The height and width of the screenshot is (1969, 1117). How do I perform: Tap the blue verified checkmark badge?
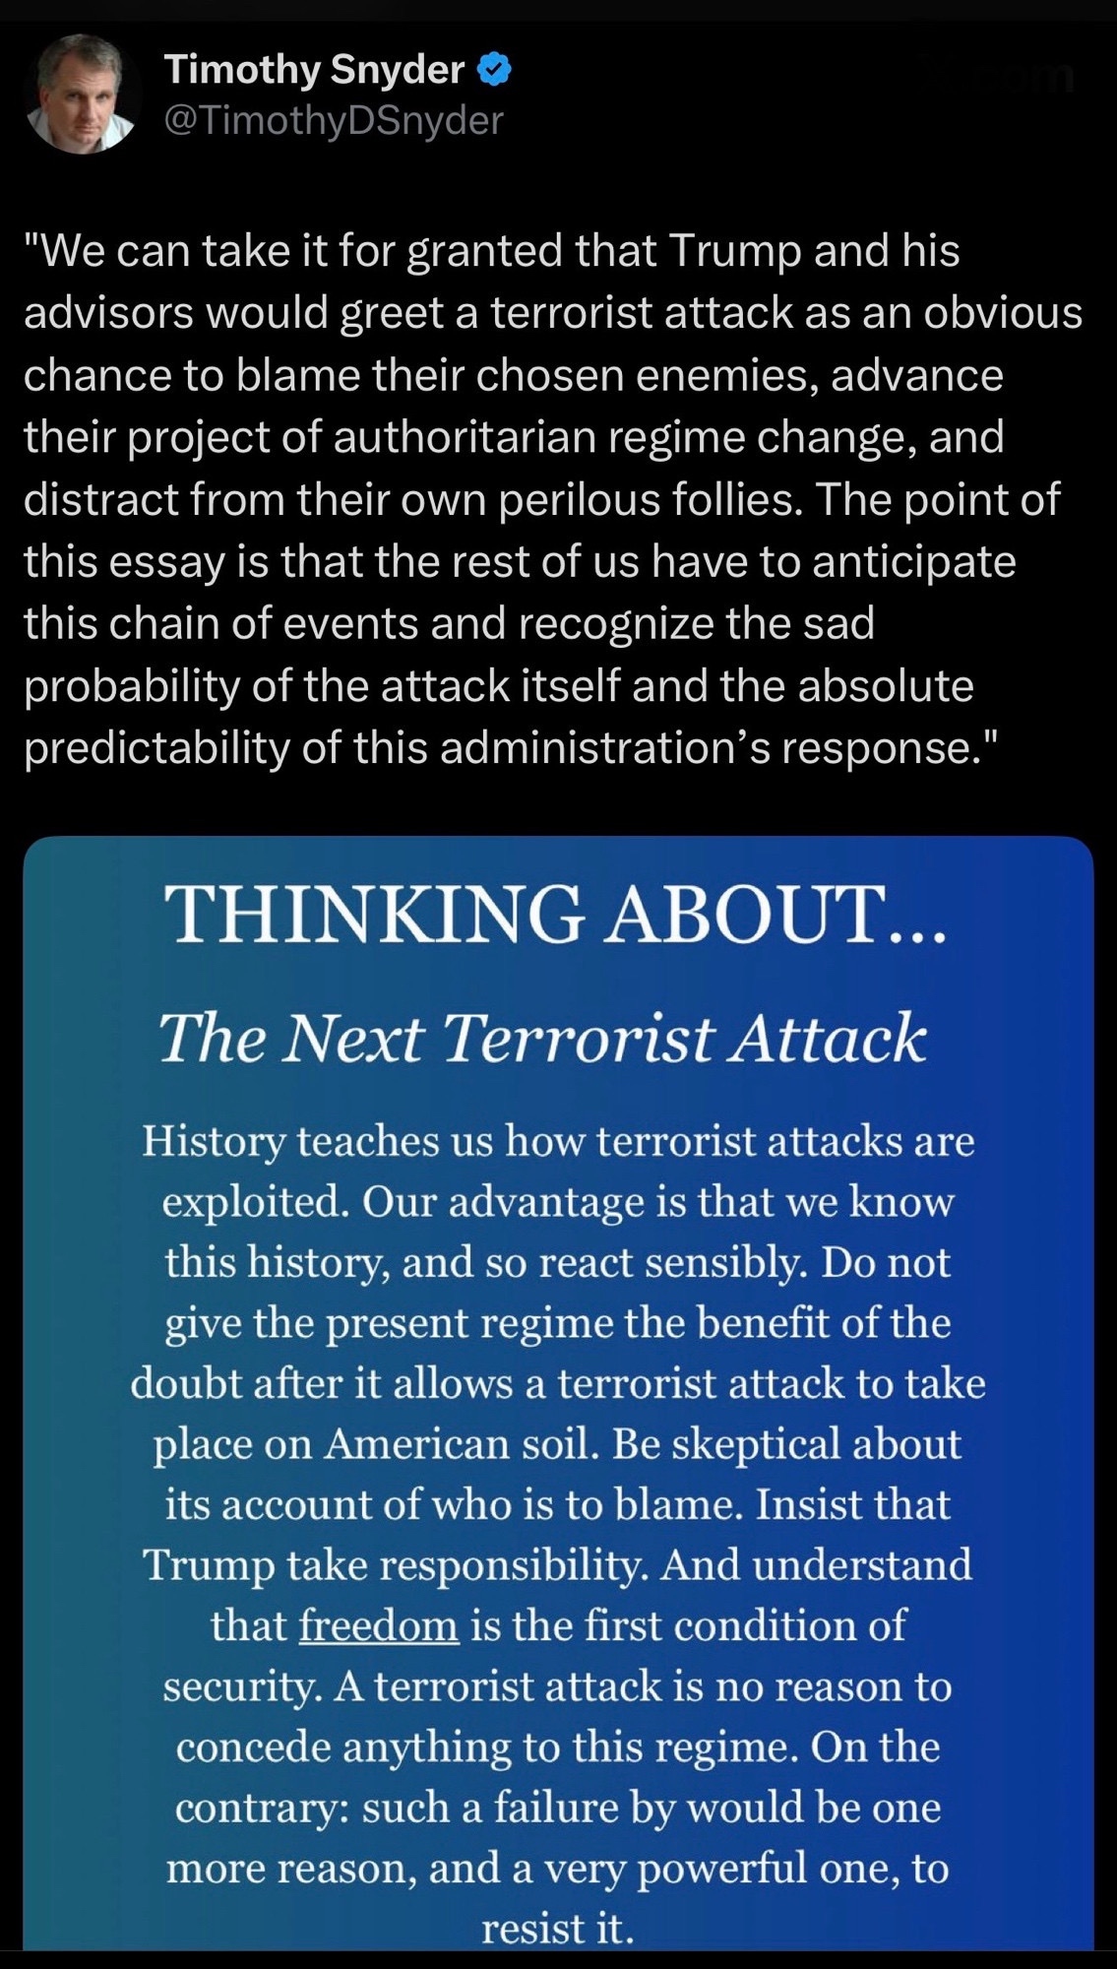pyautogui.click(x=493, y=70)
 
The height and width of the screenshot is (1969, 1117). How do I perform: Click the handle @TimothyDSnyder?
pyautogui.click(x=334, y=120)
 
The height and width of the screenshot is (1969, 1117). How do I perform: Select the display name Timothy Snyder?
pyautogui.click(x=314, y=69)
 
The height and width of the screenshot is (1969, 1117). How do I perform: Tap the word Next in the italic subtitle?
pyautogui.click(x=352, y=1039)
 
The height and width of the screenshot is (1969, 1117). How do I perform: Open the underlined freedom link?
pyautogui.click(x=378, y=1625)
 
